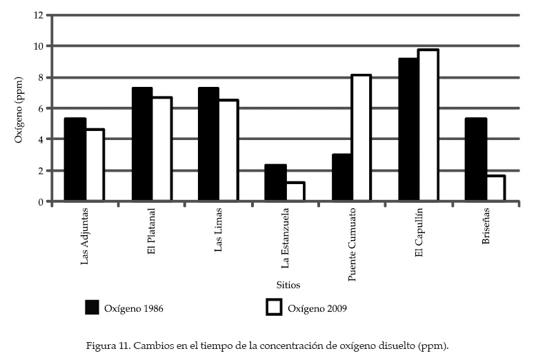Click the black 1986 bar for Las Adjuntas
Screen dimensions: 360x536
(x=75, y=159)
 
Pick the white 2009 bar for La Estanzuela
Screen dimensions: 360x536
(x=295, y=192)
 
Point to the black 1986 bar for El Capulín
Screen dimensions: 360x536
(x=409, y=130)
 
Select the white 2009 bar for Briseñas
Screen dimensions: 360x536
(x=496, y=188)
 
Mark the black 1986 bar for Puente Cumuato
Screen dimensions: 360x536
(x=342, y=177)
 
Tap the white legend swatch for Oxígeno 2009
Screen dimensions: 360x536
(x=275, y=308)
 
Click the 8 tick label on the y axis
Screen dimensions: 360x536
(x=40, y=77)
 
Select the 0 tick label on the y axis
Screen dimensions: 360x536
(x=40, y=201)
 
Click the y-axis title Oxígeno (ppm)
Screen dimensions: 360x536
(x=19, y=108)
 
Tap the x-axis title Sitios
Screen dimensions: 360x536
(x=288, y=285)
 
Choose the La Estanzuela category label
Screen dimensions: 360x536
(x=286, y=239)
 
